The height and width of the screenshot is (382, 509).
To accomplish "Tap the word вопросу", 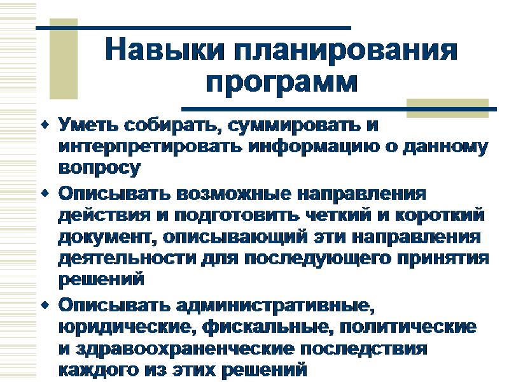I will tap(99, 169).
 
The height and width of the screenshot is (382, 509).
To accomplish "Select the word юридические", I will tap(127, 327).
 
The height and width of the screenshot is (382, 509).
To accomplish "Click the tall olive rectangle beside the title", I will tap(64, 59).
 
